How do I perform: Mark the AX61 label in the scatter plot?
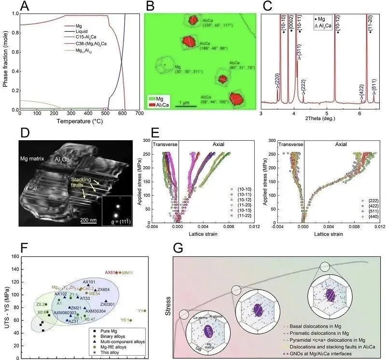[x=110, y=272]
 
